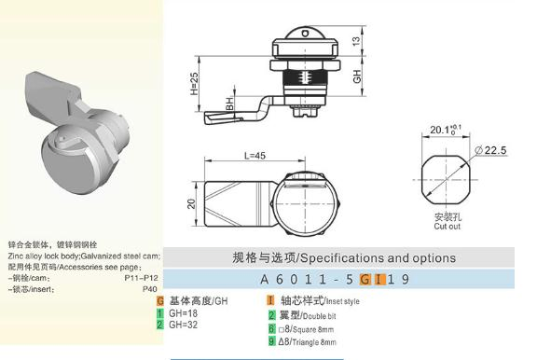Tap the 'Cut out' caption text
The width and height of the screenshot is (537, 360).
point(447,226)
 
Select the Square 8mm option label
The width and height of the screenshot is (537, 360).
point(309,329)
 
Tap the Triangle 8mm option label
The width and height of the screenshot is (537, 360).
point(310,342)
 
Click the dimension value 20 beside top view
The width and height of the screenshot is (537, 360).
point(190,203)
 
